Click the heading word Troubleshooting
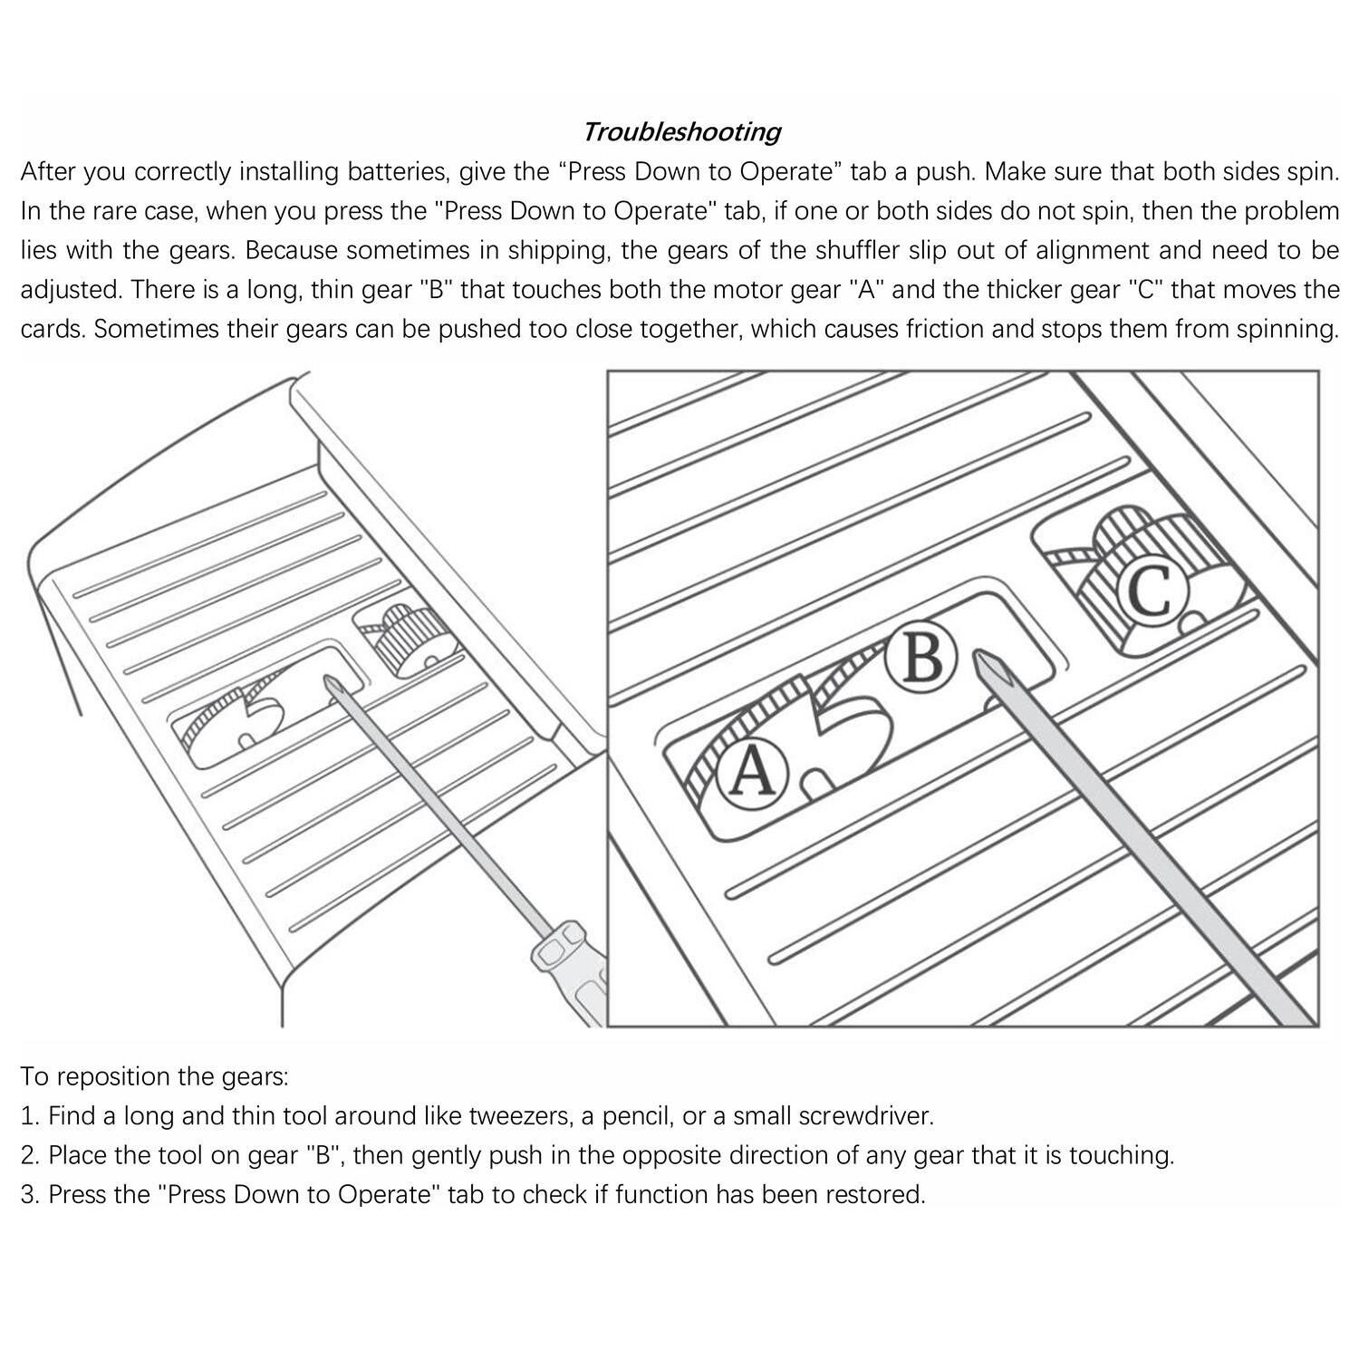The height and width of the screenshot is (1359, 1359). (x=680, y=132)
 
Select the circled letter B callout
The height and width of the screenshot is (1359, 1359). (x=921, y=658)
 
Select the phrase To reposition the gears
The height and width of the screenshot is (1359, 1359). (x=155, y=1076)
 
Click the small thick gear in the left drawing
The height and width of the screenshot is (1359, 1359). (x=408, y=638)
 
